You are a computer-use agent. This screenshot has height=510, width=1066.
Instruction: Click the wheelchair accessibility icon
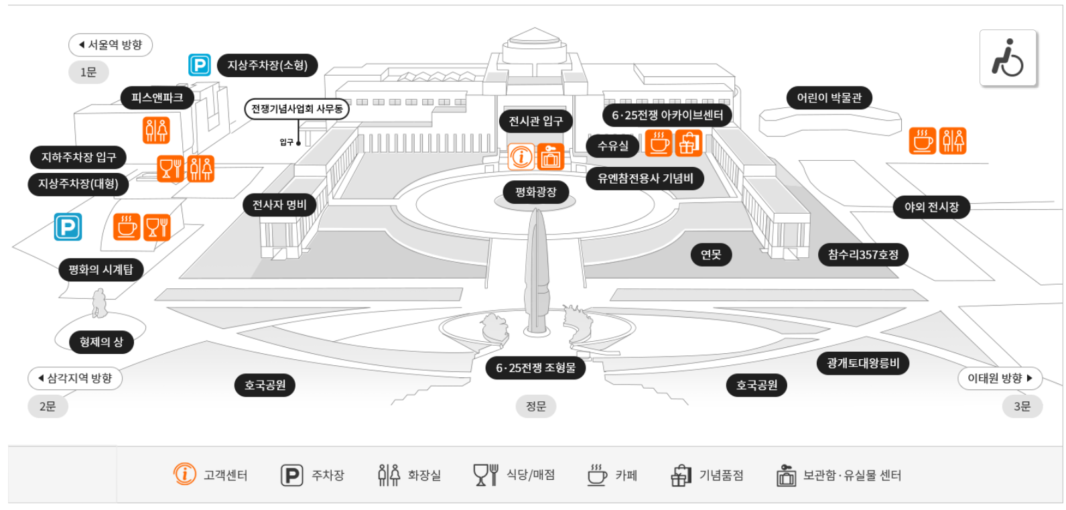pyautogui.click(x=1008, y=58)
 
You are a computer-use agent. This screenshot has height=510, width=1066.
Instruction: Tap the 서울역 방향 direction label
pyautogui.click(x=111, y=45)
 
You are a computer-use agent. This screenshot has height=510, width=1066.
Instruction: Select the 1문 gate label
pyautogui.click(x=88, y=72)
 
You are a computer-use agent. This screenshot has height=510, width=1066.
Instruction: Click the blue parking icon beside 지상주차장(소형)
pyautogui.click(x=200, y=65)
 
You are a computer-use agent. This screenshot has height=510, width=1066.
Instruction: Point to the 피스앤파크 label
pyautogui.click(x=157, y=98)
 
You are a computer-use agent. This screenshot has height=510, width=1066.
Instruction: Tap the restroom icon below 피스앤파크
pyautogui.click(x=156, y=130)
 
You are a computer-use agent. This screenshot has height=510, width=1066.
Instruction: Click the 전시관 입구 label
pyautogui.click(x=535, y=121)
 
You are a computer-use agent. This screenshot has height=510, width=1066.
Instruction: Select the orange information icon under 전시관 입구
pyautogui.click(x=521, y=157)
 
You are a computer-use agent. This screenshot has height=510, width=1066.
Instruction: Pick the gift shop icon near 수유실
pyautogui.click(x=688, y=143)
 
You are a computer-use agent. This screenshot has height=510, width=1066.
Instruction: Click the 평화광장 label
pyautogui.click(x=535, y=192)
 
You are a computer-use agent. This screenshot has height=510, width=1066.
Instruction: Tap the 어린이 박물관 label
pyautogui.click(x=829, y=98)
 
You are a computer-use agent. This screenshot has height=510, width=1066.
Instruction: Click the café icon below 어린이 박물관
pyautogui.click(x=923, y=141)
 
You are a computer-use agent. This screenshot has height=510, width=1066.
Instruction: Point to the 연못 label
pyautogui.click(x=711, y=255)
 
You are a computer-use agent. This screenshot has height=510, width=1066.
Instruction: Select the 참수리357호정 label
pyautogui.click(x=863, y=255)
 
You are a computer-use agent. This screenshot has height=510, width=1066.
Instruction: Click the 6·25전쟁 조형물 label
pyautogui.click(x=535, y=368)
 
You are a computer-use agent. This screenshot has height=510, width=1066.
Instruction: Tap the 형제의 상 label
pyautogui.click(x=102, y=342)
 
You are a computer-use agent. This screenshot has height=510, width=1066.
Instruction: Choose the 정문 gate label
pyautogui.click(x=535, y=406)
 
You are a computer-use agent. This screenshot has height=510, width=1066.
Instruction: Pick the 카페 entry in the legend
pyautogui.click(x=612, y=475)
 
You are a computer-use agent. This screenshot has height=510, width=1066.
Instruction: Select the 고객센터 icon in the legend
pyautogui.click(x=185, y=474)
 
